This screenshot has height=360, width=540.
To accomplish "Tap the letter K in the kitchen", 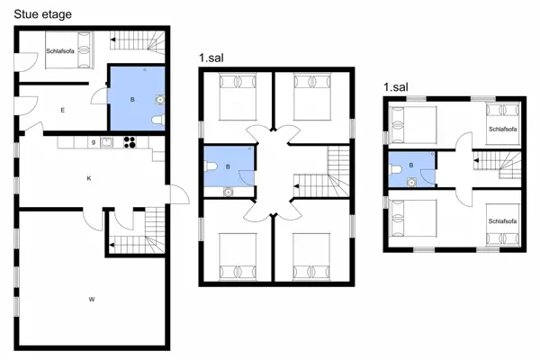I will point(89,178).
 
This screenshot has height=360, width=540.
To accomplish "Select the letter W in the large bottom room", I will point(91,297).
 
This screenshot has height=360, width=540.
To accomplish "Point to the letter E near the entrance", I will point(63,110).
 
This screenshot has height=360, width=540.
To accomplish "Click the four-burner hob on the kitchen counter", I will point(129,140).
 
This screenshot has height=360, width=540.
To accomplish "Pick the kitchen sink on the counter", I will point(106,140).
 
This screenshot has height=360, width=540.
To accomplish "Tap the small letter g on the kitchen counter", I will point(94,141).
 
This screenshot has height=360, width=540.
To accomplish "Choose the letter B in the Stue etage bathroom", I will point(132,100).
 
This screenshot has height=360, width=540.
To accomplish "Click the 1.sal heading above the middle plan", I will point(212,58).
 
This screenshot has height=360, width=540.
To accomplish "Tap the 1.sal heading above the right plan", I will point(398,87).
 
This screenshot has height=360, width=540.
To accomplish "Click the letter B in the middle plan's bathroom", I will point(229,166).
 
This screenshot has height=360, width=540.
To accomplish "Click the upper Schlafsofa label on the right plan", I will point(503,130).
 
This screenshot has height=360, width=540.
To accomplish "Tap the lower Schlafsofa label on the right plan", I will point(503,220).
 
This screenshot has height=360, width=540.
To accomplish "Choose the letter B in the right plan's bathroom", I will point(412,166).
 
